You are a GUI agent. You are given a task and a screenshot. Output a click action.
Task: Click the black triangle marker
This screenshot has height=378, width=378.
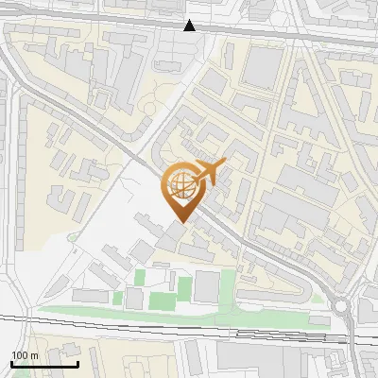pos(191,26)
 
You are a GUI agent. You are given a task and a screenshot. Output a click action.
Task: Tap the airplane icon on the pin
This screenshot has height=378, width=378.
pos(206,172)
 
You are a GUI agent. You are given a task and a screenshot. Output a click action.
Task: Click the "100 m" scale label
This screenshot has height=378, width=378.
pos(25,355)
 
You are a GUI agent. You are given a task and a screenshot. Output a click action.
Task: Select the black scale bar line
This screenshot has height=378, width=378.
pos(44,364)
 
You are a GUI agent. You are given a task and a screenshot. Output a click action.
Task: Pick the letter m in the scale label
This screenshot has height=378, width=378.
pos(34,355)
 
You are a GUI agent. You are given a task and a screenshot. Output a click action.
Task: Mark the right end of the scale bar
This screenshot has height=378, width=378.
pos(77,364)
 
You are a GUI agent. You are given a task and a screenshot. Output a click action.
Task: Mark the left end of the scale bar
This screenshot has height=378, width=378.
pos(11,364)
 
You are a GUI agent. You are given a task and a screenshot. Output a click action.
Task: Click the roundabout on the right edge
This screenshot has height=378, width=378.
pos(341,306)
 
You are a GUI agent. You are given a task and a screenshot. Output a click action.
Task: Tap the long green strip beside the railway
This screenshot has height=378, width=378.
pos(170,315)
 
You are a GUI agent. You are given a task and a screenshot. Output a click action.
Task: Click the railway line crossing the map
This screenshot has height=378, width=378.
pos(189,327)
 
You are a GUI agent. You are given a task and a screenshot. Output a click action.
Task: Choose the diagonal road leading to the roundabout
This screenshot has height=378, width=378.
pos(274,266)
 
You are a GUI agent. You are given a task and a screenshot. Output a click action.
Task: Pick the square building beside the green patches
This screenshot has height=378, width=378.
pos(207,286)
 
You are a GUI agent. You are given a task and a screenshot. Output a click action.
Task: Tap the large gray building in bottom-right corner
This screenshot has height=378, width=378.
pos(274,358)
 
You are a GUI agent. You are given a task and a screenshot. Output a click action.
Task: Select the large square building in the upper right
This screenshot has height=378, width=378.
pos(265,65)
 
